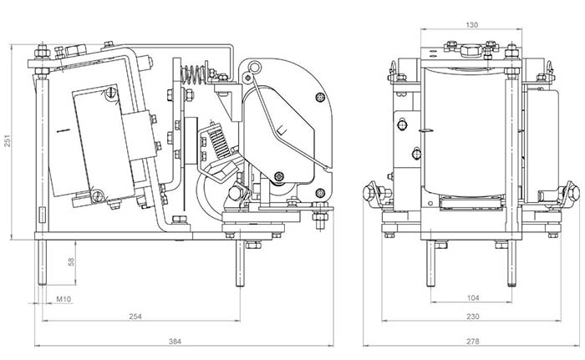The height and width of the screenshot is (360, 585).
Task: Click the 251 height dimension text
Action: [x=8, y=143]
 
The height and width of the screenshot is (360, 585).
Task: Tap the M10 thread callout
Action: [x=63, y=298]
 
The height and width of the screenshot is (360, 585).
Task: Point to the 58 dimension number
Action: [x=73, y=261]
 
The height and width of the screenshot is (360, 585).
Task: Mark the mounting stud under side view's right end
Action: [x=241, y=263]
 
